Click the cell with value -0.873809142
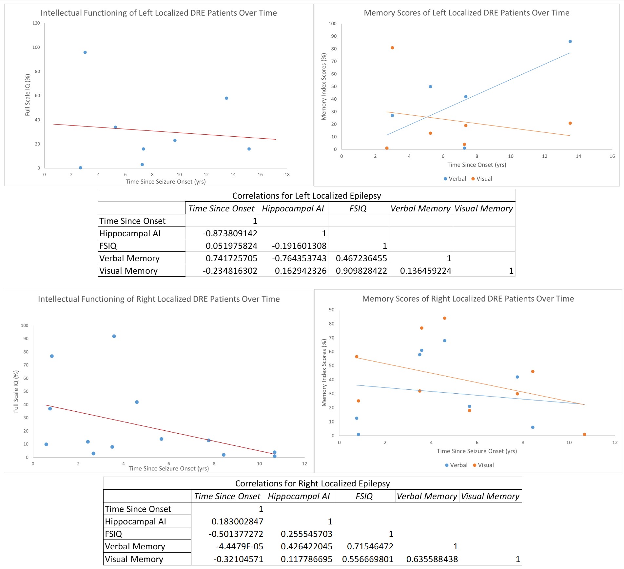230,233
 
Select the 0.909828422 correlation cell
361,271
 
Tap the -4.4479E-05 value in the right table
239,546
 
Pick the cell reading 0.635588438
432,559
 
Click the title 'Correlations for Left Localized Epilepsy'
306,196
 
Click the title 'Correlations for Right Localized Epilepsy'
312,483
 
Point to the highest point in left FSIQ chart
85,52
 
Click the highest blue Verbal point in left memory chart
570,42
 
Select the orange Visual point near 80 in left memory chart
392,48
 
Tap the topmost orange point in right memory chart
444,318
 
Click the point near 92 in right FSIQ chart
114,336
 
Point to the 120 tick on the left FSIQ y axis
36,23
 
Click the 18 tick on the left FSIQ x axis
287,175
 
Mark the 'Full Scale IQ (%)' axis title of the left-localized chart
28,95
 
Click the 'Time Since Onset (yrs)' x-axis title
477,165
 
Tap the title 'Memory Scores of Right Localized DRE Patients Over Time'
468,299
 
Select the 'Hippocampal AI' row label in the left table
130,233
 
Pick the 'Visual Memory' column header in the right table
490,496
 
